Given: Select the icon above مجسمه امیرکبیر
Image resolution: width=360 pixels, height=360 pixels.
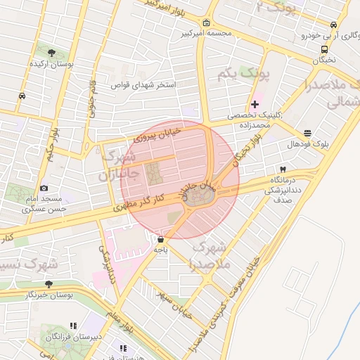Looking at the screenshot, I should [205, 22].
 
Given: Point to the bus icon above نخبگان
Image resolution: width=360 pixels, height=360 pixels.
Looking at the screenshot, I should [324, 49].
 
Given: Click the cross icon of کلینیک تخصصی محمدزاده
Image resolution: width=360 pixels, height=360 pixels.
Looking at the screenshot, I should [255, 104].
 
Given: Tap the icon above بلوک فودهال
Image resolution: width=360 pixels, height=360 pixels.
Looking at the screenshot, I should [307, 133].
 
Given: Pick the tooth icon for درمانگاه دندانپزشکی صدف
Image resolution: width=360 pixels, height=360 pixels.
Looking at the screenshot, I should [283, 169].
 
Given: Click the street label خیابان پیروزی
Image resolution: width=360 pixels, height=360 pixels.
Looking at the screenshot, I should [157, 134].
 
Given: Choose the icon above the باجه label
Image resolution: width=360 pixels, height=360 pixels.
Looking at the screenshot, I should [161, 239].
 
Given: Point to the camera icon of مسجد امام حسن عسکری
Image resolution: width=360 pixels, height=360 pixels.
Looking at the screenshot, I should [44, 188].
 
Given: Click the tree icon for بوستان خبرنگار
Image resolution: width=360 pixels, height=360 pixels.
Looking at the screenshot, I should [49, 284].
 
